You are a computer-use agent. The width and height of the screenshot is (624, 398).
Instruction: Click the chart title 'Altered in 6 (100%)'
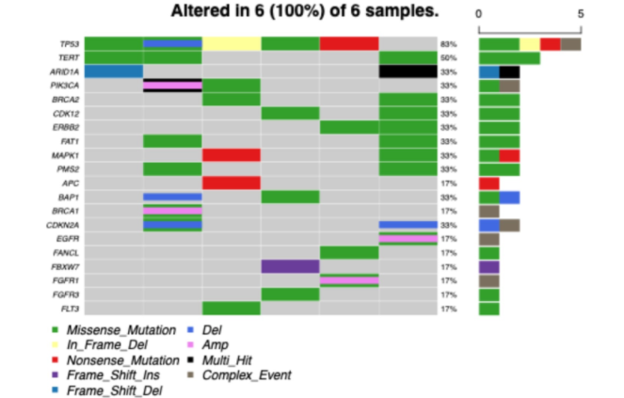305,12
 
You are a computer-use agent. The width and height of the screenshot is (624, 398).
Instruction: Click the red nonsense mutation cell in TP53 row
348,44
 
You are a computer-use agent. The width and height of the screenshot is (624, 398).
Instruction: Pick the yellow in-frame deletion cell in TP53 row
232,44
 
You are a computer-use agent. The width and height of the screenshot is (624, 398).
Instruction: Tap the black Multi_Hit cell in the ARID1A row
408,72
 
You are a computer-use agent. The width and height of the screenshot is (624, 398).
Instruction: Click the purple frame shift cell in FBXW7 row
290,266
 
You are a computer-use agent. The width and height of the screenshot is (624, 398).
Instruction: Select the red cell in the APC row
232,183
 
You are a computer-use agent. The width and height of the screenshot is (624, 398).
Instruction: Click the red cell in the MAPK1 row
232,155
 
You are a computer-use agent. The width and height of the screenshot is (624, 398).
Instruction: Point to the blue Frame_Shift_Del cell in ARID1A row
113,72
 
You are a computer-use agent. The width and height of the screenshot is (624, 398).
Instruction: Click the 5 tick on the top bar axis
581,14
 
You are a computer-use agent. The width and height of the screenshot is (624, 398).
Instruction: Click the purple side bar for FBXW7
488,266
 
